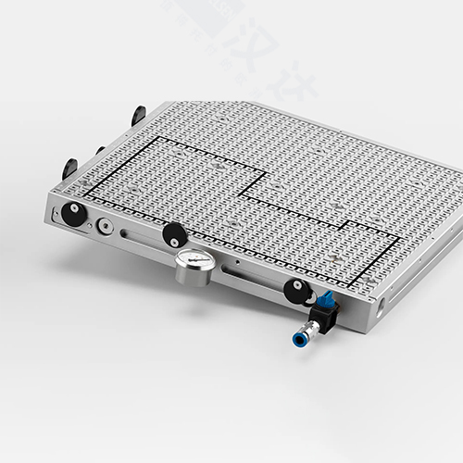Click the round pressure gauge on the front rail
[195, 269]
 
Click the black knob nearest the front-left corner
[74, 215]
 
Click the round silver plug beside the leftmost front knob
[108, 225]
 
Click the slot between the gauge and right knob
[250, 277]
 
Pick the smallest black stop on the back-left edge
[100, 150]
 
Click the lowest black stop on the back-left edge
[69, 169]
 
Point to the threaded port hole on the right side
[381, 301]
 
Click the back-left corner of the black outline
[154, 138]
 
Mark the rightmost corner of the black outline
[400, 238]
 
